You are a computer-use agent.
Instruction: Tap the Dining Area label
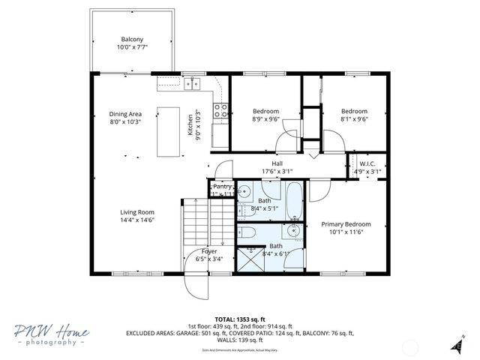(x=125, y=118)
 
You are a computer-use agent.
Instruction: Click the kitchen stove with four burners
(x=220, y=110)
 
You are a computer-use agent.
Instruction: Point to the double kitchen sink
(x=193, y=84)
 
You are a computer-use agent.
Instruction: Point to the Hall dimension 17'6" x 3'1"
(x=277, y=172)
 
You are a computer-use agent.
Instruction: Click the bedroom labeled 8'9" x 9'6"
(x=265, y=115)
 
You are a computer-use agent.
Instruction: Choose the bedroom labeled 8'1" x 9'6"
(x=354, y=115)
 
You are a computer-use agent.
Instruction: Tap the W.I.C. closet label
(x=367, y=167)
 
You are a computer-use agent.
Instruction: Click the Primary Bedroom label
(x=346, y=228)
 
